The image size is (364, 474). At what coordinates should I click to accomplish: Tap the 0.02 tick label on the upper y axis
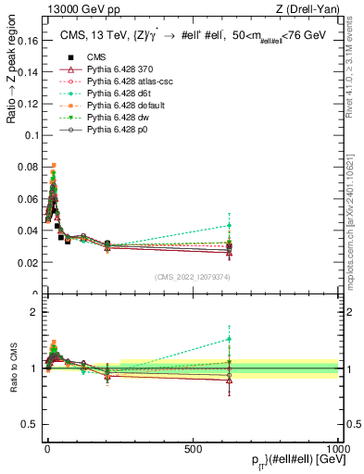click(28, 263)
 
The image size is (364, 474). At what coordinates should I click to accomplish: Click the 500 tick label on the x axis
click(193, 448)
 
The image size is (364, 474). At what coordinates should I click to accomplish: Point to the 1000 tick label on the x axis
click(338, 448)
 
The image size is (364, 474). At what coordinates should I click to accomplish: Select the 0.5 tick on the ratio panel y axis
click(31, 425)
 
